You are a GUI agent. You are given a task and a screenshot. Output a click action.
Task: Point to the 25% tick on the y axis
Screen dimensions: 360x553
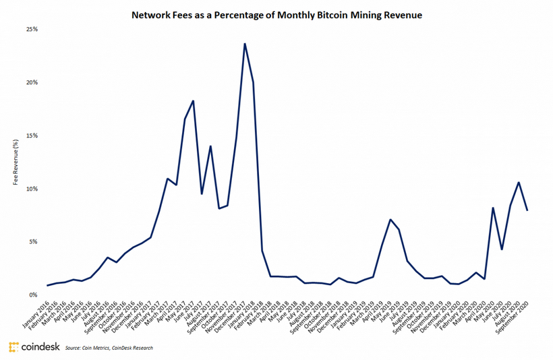(32, 30)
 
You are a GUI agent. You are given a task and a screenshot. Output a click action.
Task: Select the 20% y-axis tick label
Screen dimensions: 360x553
(32, 82)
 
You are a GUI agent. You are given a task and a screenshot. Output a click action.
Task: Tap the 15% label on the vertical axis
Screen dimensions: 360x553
(32, 136)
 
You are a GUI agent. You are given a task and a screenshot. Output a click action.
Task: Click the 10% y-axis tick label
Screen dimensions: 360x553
(32, 189)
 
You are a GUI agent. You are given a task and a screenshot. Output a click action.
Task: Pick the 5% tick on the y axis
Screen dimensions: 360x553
(33, 241)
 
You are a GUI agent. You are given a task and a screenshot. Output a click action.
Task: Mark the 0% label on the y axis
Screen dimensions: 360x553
(33, 295)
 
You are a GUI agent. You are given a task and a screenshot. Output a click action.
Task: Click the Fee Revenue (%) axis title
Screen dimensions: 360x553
(14, 162)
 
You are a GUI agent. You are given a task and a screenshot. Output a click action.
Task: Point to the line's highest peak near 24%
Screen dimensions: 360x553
(244, 44)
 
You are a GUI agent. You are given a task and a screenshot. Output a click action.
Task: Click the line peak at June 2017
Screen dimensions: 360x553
(194, 101)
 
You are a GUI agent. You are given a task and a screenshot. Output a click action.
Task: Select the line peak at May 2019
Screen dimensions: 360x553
(390, 219)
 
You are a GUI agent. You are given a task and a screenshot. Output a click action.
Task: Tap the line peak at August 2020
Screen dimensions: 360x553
(518, 182)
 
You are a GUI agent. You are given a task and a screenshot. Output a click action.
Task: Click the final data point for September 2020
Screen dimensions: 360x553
(527, 210)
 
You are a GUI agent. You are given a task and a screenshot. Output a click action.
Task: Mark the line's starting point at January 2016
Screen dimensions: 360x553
(47, 286)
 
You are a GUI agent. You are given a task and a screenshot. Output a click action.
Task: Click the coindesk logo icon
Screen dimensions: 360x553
(13, 347)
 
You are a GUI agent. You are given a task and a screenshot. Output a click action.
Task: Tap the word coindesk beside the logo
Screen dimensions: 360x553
(38, 347)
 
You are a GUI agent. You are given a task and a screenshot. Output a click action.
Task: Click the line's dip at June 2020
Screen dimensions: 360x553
(502, 249)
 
